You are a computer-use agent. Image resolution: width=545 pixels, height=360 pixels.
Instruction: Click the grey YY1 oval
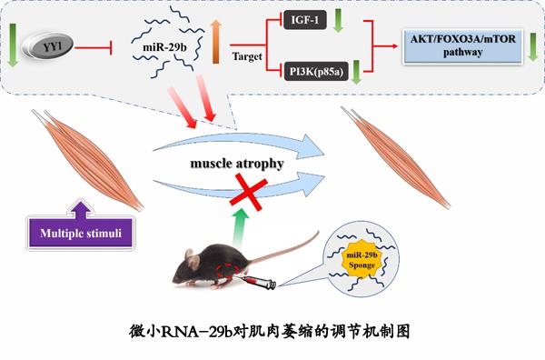pyautogui.click(x=48, y=45)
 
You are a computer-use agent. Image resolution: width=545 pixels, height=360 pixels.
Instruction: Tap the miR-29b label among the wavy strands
pyautogui.click(x=164, y=47)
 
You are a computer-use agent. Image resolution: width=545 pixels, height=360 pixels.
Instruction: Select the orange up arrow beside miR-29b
pyautogui.click(x=216, y=42)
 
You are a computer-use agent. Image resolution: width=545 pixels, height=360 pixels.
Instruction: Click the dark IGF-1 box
pyautogui.click(x=305, y=20)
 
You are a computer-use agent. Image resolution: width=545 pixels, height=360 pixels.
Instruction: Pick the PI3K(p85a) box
pyautogui.click(x=316, y=71)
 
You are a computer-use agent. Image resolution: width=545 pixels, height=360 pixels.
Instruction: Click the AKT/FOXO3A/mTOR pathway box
pyautogui.click(x=462, y=46)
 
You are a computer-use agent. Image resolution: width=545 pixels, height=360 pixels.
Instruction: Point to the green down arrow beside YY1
pyautogui.click(x=13, y=45)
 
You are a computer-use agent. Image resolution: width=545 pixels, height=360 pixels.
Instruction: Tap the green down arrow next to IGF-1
pyautogui.click(x=338, y=21)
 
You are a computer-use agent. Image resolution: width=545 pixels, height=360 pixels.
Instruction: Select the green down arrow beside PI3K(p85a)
pyautogui.click(x=356, y=72)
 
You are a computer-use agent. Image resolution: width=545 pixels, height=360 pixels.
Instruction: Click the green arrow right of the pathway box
pyautogui.click(x=533, y=47)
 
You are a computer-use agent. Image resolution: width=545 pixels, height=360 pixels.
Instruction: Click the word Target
pyautogui.click(x=247, y=56)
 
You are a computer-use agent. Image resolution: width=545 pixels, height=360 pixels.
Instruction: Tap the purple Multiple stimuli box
pyautogui.click(x=81, y=233)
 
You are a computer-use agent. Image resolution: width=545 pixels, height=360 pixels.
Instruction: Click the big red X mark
pyautogui.click(x=249, y=193)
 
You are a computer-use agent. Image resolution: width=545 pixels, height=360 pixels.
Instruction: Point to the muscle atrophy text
pyautogui.click(x=237, y=164)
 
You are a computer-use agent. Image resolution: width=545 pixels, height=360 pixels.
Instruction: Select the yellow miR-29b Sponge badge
pyautogui.click(x=362, y=259)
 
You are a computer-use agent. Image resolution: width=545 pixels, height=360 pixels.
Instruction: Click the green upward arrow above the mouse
pyautogui.click(x=241, y=228)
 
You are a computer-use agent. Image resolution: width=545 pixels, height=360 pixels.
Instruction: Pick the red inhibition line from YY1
pyautogui.click(x=94, y=47)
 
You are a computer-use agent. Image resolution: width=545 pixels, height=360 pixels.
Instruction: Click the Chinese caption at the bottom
pyautogui.click(x=270, y=331)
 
